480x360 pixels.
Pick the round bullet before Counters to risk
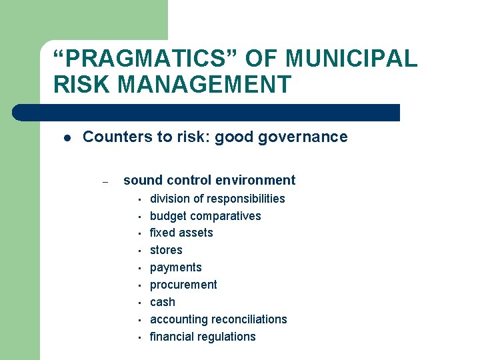point(67,138)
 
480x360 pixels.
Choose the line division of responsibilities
point(217,199)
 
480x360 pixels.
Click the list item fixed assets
point(181,233)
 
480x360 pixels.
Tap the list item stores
point(166,250)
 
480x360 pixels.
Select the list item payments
point(175,267)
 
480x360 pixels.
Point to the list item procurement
point(183,285)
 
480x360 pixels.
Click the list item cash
point(163,302)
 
